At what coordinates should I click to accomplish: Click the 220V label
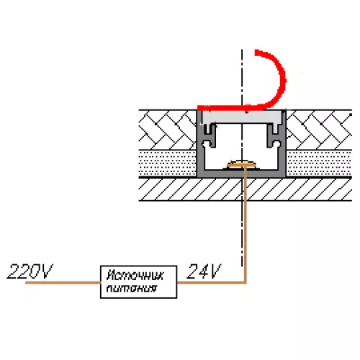(x=30, y=271)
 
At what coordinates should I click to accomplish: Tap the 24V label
(x=204, y=271)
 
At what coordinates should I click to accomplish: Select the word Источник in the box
(x=135, y=275)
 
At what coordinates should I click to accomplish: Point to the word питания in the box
(x=132, y=288)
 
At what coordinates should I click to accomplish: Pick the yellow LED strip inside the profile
(x=241, y=164)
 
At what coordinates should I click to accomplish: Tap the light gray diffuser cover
(x=241, y=117)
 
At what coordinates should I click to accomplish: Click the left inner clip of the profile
(x=209, y=135)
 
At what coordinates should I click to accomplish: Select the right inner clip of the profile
(x=274, y=135)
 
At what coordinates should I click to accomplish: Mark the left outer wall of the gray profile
(x=200, y=144)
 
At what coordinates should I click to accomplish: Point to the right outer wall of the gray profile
(x=282, y=144)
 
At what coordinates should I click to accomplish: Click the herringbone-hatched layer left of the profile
(x=168, y=130)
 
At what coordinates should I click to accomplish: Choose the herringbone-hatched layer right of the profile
(x=319, y=130)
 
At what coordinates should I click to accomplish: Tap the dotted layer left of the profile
(x=168, y=163)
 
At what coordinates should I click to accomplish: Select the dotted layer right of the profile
(x=319, y=163)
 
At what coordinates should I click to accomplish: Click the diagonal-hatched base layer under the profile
(x=246, y=189)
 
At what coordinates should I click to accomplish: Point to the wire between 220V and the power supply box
(x=63, y=282)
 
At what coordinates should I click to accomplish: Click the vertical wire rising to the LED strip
(x=245, y=225)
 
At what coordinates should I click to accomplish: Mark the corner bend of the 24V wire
(x=245, y=282)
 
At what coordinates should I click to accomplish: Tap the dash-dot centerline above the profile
(x=242, y=77)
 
